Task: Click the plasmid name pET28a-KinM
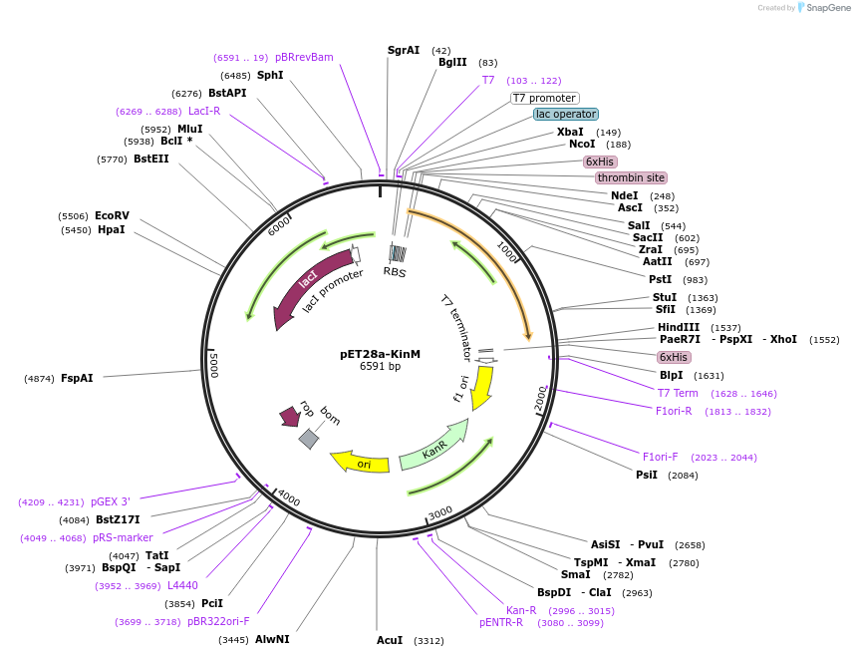(380, 353)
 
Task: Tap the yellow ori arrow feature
(360, 462)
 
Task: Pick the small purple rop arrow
(290, 415)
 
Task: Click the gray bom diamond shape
(309, 438)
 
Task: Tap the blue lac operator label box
(566, 114)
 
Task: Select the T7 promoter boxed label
(544, 98)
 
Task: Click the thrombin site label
(631, 177)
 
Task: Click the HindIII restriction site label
(679, 327)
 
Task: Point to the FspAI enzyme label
(77, 378)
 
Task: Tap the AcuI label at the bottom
(390, 640)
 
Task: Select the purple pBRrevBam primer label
(304, 57)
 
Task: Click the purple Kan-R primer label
(521, 610)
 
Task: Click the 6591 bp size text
(380, 367)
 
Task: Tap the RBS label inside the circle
(396, 271)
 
